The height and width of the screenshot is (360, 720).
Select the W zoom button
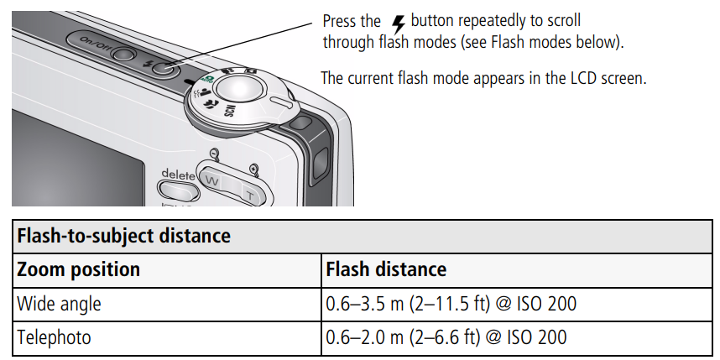[212, 180]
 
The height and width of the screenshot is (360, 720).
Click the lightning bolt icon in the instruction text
[397, 22]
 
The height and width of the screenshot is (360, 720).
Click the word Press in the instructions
[340, 21]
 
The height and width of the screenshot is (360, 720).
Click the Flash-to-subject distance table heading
[123, 236]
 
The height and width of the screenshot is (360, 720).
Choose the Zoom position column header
[78, 269]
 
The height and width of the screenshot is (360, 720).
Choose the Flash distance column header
[386, 269]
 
